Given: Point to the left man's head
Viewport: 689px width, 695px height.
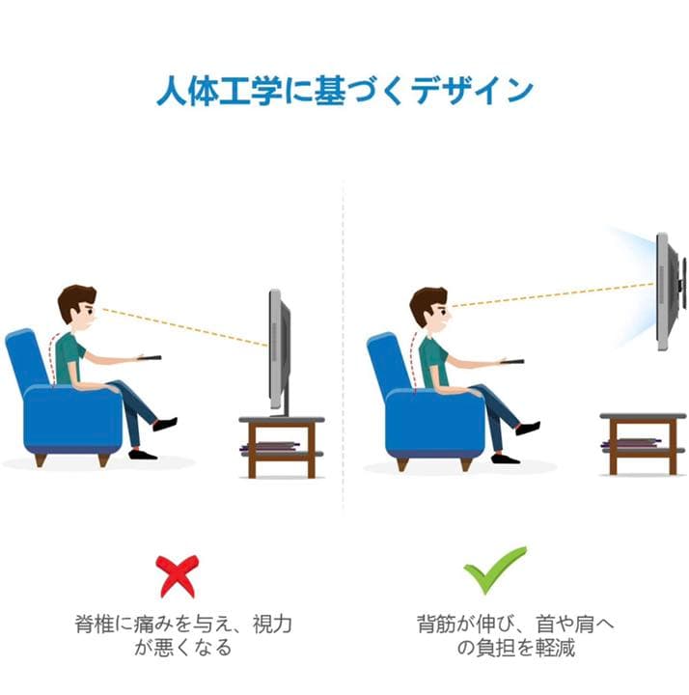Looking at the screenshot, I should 76,307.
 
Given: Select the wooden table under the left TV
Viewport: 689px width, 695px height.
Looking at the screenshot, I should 281,444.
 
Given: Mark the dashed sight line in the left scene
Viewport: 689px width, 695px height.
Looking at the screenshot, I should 183,326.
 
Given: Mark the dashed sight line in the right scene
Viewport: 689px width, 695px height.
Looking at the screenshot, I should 550,293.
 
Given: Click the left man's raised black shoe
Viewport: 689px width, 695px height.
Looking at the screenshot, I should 166,424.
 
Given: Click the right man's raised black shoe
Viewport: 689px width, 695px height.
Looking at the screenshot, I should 528,427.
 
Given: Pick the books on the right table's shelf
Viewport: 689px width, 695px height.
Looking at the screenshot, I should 631,444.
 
